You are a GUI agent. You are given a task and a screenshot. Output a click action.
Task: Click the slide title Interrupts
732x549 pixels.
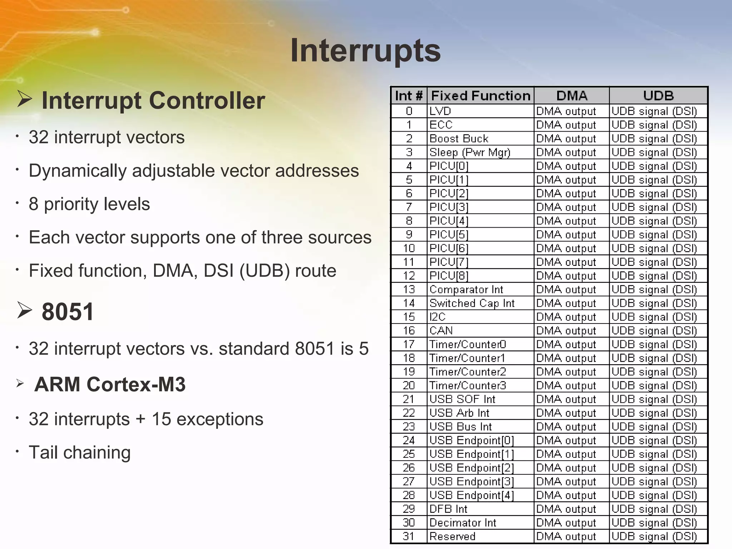tap(365, 51)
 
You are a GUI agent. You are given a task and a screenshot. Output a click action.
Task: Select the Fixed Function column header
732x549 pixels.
tap(480, 96)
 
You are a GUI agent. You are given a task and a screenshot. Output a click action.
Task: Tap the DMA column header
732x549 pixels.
tap(572, 96)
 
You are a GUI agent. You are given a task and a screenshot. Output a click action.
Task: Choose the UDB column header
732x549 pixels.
tap(658, 96)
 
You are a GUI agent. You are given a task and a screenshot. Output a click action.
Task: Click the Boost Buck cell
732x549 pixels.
tap(459, 138)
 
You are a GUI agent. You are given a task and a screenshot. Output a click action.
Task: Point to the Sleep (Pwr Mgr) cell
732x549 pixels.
tap(470, 152)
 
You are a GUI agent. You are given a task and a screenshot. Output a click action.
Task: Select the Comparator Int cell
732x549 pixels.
tap(466, 290)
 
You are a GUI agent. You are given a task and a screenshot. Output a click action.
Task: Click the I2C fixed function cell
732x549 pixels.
tap(437, 317)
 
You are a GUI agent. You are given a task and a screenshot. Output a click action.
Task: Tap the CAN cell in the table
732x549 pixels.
tap(441, 331)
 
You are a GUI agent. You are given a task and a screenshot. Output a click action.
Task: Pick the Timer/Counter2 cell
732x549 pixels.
tap(468, 372)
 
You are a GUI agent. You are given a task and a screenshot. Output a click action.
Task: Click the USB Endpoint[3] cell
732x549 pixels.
tap(471, 481)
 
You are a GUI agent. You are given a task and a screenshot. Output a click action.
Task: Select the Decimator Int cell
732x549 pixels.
tap(463, 523)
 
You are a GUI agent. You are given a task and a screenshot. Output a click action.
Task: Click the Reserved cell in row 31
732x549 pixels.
tap(452, 536)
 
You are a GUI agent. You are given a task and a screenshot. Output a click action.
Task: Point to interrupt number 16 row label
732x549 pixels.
tap(409, 331)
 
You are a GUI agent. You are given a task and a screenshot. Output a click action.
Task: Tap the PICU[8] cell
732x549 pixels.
tap(449, 276)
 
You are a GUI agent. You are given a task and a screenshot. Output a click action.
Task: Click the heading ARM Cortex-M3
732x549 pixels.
tap(110, 384)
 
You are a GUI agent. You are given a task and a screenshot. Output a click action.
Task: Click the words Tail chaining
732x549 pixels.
tap(79, 452)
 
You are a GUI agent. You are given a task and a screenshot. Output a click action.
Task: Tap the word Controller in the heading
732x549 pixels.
tap(207, 100)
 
